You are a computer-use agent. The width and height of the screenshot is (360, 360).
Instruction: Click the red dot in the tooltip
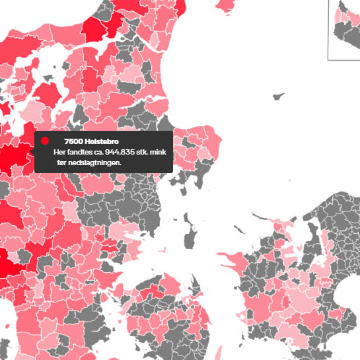click(x=45, y=141)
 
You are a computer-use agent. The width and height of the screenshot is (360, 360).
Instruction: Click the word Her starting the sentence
click(x=60, y=152)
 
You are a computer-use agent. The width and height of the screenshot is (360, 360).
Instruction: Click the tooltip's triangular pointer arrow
click(x=33, y=151)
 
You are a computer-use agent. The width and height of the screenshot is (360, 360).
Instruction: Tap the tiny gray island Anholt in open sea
click(x=279, y=96)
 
